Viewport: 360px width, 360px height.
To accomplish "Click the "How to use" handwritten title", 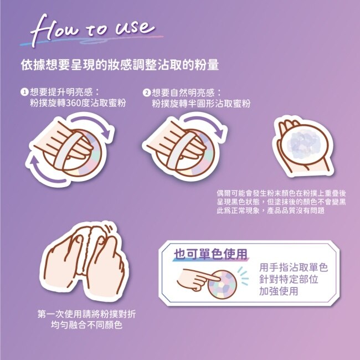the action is tap(92, 30).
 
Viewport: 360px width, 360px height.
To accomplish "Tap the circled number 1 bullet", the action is tap(24, 92).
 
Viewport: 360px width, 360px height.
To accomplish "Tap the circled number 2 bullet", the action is tap(146, 92).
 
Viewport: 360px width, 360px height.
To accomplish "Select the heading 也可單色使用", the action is tap(210, 254).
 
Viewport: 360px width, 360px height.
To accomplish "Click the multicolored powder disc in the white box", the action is tap(222, 284).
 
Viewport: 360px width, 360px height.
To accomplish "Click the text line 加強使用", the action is tap(279, 291).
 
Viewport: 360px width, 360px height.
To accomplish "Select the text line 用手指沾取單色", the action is tap(294, 268).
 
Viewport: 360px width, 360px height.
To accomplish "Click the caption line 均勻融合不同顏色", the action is tap(86, 325).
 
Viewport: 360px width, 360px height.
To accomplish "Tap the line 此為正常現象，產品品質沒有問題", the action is tap(270, 210).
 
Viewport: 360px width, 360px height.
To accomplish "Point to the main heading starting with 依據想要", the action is tap(120, 65).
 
